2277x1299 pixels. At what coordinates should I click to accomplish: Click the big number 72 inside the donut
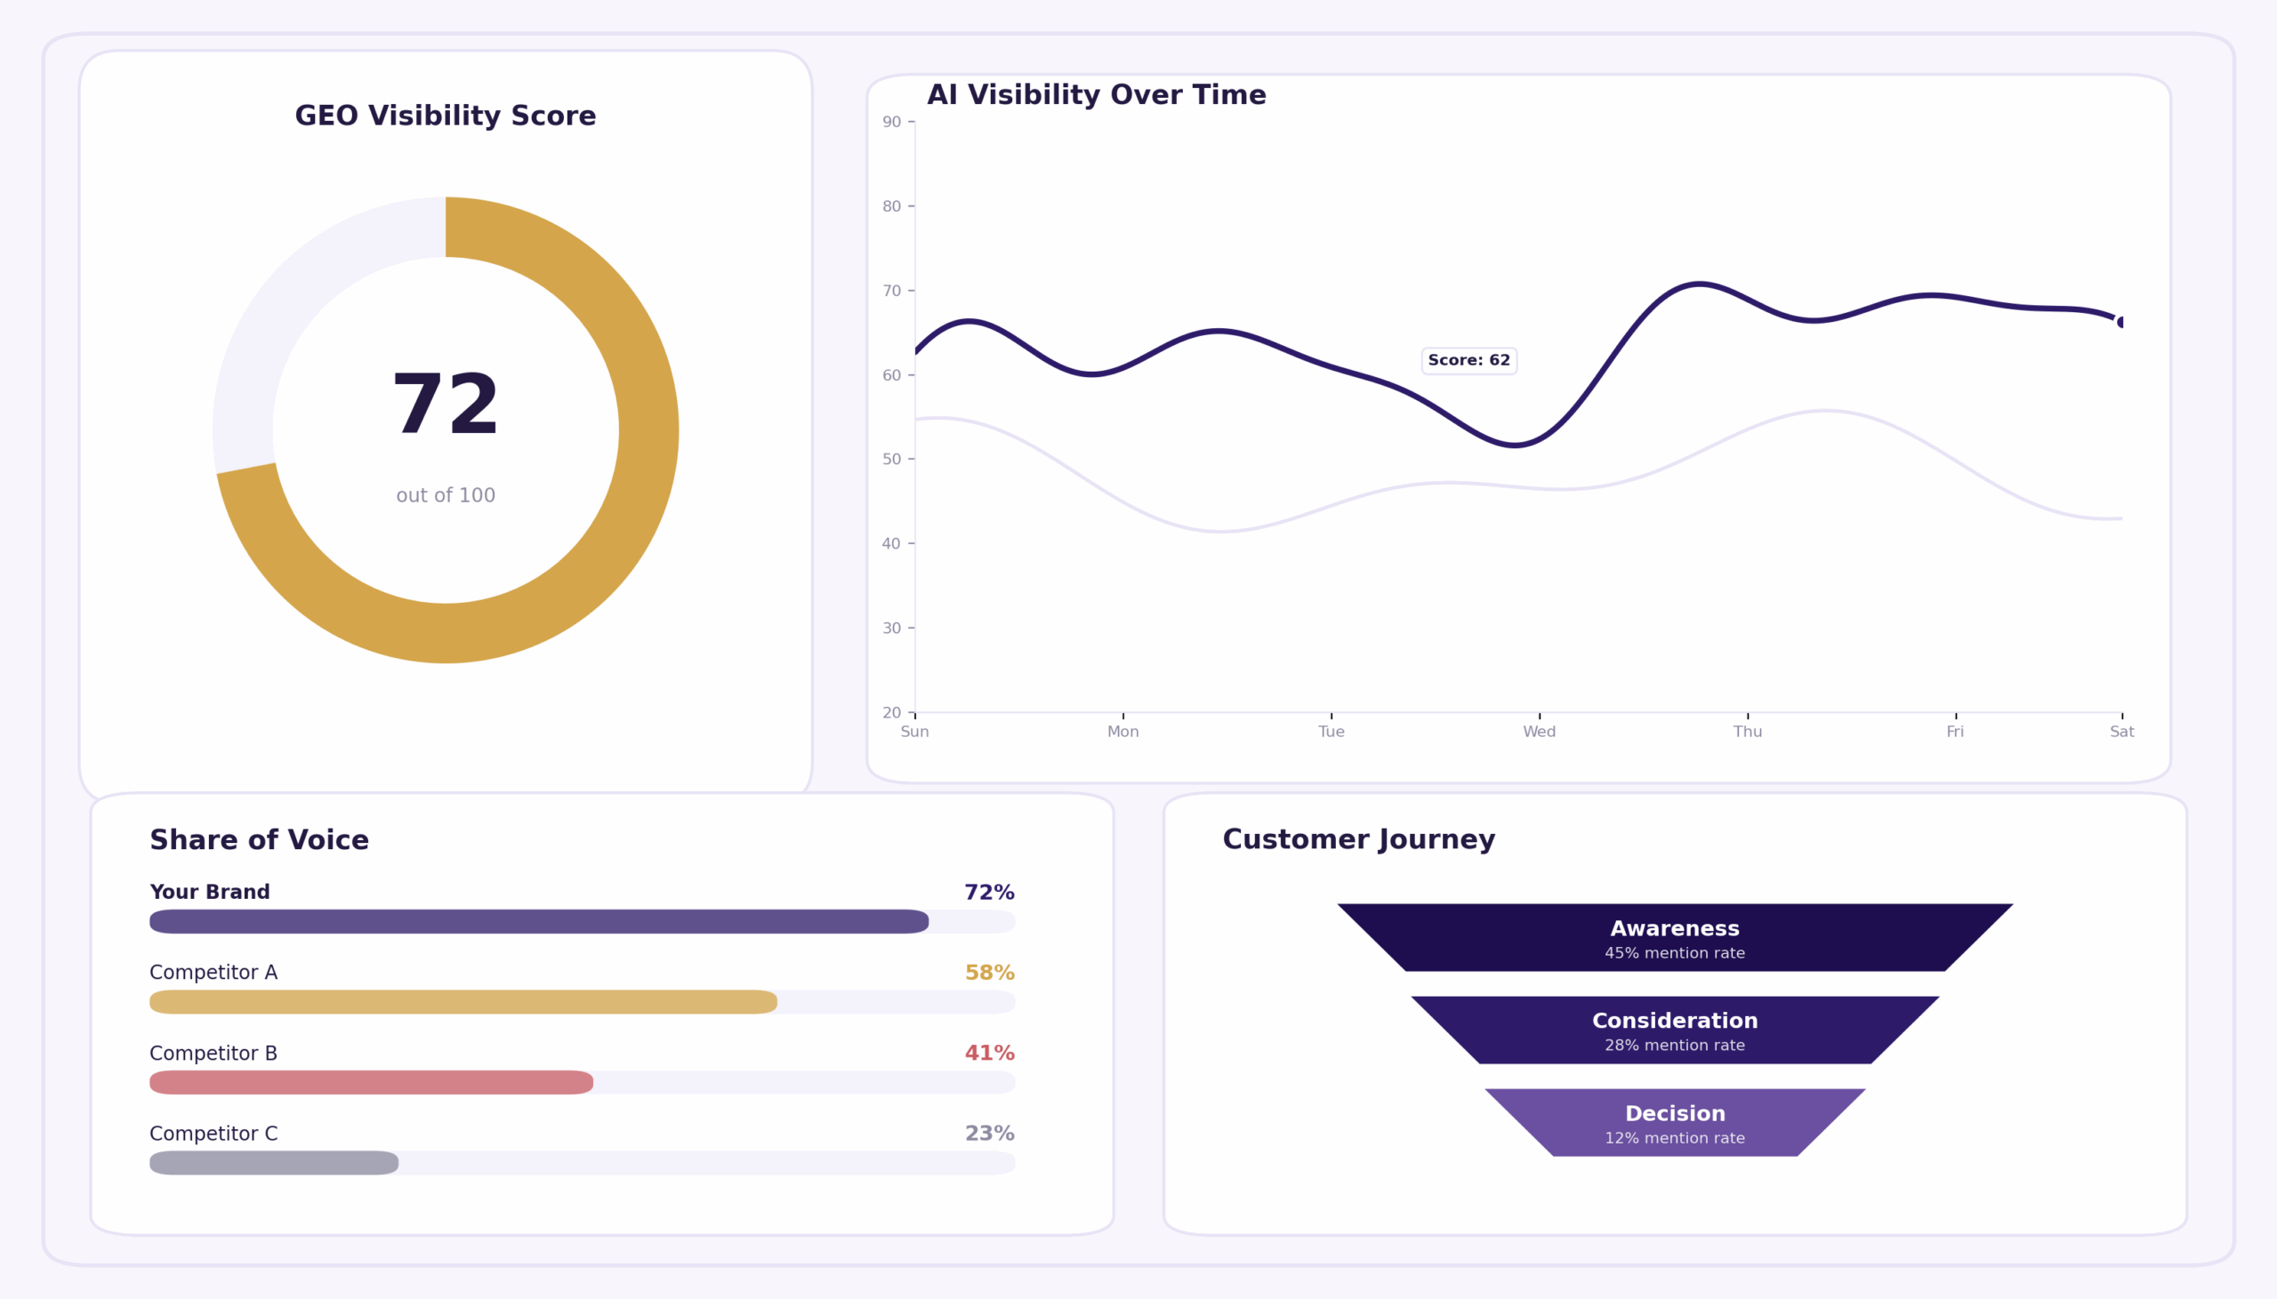pos(446,406)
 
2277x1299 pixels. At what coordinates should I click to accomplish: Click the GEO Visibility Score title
pos(446,116)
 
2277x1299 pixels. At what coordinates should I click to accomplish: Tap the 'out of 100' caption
pos(446,495)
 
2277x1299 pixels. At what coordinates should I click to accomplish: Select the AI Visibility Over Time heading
pos(1096,95)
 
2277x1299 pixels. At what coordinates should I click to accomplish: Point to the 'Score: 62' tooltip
pos(1468,360)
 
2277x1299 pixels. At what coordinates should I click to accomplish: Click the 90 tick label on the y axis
pos(891,122)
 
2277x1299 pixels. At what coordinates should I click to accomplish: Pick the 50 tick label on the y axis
pos(891,460)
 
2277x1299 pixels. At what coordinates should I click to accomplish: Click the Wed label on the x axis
pos(1539,732)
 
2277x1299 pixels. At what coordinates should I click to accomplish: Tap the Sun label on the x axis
pos(914,732)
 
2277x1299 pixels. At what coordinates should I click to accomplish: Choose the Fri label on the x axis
pos(1955,732)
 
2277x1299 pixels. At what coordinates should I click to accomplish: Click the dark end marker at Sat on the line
pos(2120,322)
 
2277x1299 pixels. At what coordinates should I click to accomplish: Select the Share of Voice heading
pos(259,840)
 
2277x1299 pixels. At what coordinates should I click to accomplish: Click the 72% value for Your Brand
pos(988,892)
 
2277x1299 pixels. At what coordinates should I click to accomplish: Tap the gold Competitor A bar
pos(463,1002)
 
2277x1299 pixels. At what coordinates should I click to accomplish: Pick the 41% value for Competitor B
pos(988,1053)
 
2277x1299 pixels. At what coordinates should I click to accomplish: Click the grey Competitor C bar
pos(274,1162)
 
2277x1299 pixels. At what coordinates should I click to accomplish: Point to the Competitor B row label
pos(213,1053)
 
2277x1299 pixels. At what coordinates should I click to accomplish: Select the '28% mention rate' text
pos(1675,1045)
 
